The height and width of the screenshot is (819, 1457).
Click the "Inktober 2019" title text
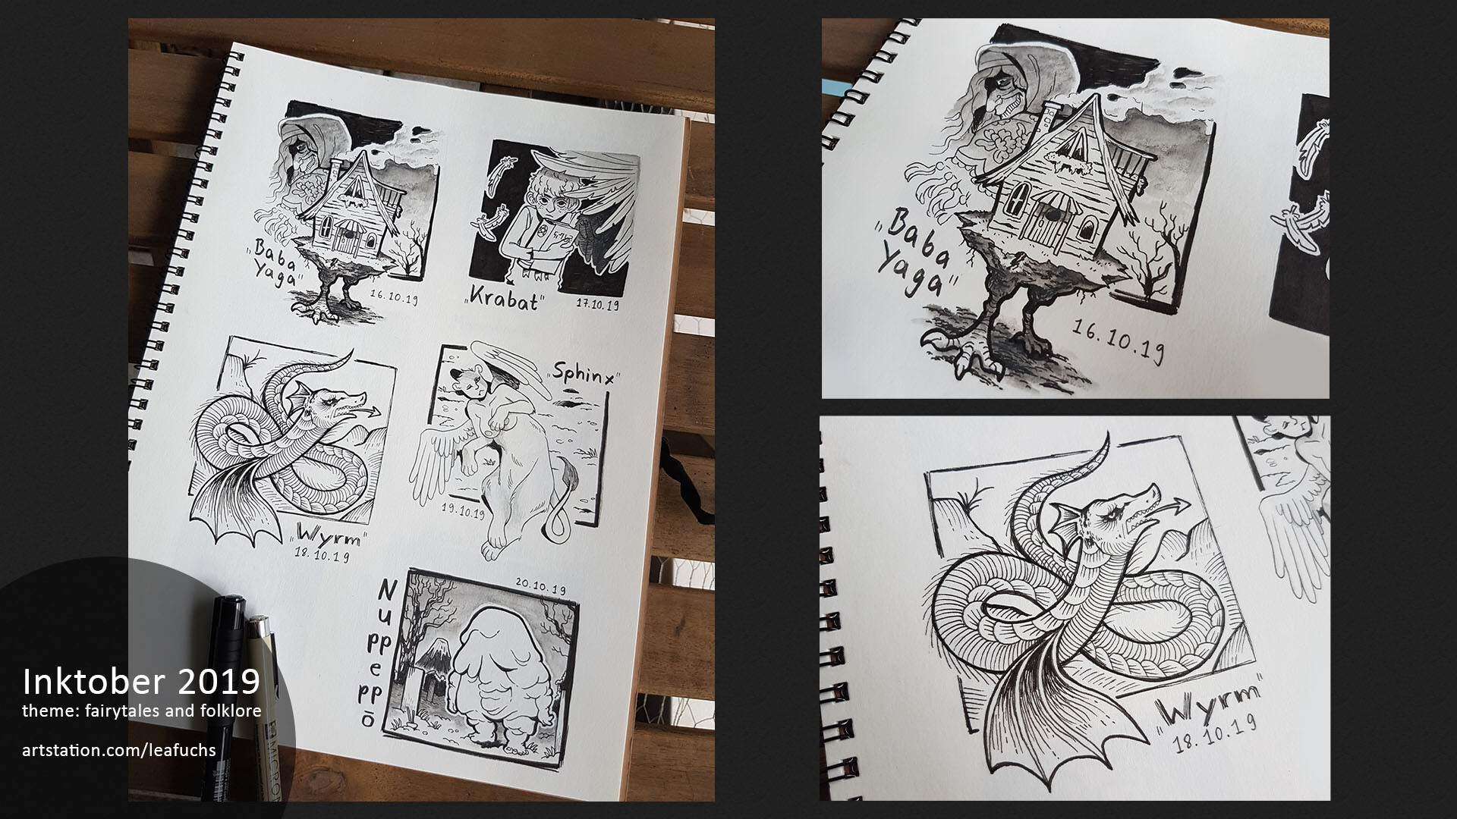(x=141, y=682)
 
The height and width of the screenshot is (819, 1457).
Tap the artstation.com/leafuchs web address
(x=119, y=751)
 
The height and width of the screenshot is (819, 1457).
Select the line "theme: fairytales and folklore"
(x=141, y=711)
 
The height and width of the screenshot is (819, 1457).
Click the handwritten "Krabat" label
(x=505, y=301)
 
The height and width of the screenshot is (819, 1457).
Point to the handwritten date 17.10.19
(x=599, y=305)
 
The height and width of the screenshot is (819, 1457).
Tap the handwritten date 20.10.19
(x=540, y=587)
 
